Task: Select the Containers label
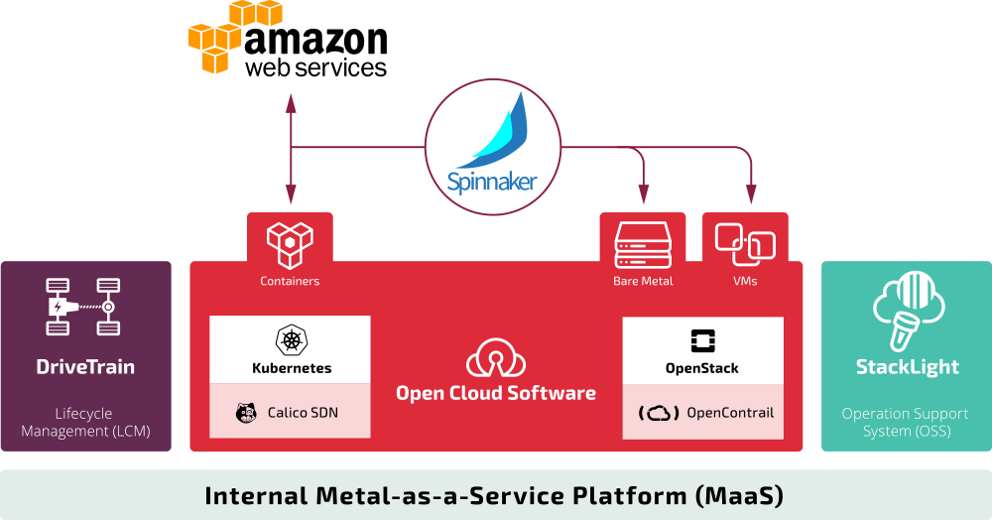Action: click(x=290, y=281)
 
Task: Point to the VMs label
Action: click(x=745, y=281)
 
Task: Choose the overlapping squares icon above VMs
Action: click(x=745, y=244)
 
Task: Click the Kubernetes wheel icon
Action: click(x=291, y=339)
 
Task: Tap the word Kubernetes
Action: click(x=291, y=368)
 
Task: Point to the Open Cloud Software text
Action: click(x=496, y=393)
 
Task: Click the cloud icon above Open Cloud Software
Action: click(x=496, y=356)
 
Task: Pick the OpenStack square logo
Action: click(x=702, y=340)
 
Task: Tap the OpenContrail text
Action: click(x=730, y=413)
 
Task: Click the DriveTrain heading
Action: click(x=85, y=367)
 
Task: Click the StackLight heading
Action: click(x=907, y=367)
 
